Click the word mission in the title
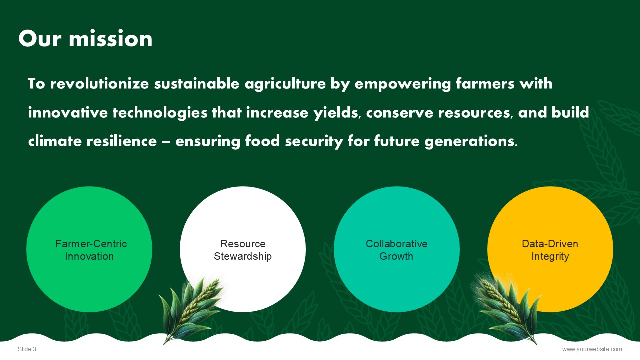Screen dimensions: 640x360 click(111, 38)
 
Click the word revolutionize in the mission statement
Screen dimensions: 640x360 click(99, 83)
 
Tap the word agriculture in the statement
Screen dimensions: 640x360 click(285, 84)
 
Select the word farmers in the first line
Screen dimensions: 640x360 click(485, 83)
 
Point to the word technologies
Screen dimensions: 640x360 click(160, 113)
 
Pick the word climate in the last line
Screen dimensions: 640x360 click(55, 141)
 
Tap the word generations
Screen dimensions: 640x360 click(471, 142)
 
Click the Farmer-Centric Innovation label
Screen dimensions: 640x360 click(90, 250)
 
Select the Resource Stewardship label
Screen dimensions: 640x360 click(243, 250)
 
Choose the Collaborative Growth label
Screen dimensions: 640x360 click(396, 250)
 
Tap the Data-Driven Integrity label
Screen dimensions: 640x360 click(550, 250)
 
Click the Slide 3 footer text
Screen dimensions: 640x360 click(27, 349)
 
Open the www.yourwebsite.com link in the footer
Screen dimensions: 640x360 click(592, 349)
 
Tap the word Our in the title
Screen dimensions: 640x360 click(40, 38)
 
